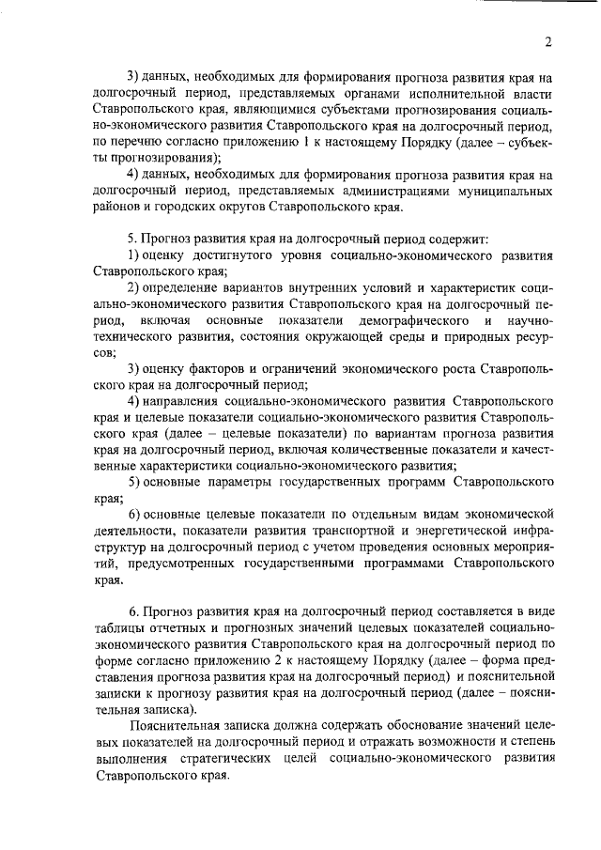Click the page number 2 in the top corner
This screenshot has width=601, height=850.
point(546,40)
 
